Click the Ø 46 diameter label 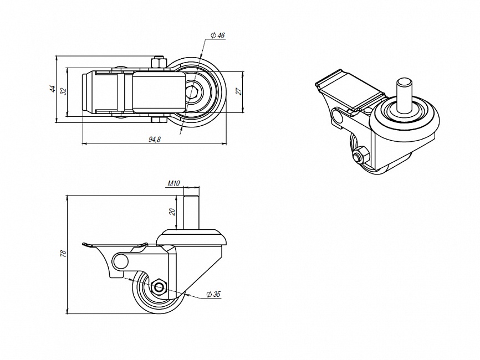pyautogui.click(x=217, y=35)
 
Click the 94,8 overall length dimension pyautogui.click(x=155, y=139)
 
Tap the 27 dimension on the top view pyautogui.click(x=239, y=91)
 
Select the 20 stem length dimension pyautogui.click(x=172, y=212)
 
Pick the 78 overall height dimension pyautogui.click(x=63, y=254)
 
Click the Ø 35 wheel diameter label pyautogui.click(x=213, y=294)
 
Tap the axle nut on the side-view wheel pyautogui.click(x=159, y=287)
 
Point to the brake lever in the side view pyautogui.click(x=114, y=245)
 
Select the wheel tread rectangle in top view pyautogui.click(x=158, y=91)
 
